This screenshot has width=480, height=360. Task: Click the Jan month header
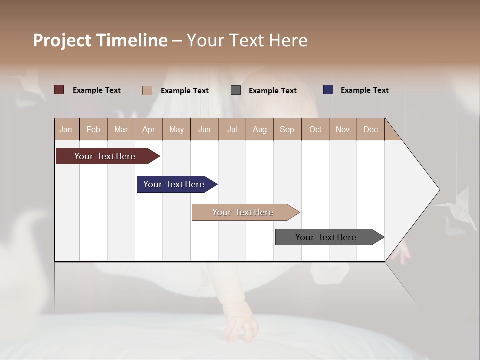[66, 129]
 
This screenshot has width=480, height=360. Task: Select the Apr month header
[148, 129]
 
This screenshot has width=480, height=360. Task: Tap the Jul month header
[232, 129]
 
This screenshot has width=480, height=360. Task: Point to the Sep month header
[287, 129]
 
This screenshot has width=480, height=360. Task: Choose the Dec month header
[370, 129]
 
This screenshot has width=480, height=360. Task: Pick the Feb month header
[93, 129]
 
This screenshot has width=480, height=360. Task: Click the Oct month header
[315, 129]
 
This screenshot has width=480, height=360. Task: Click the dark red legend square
[59, 90]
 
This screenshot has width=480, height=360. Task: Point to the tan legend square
[147, 90]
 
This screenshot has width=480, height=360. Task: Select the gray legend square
[236, 90]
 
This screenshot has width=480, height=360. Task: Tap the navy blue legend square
[328, 90]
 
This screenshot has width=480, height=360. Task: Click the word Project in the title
[62, 40]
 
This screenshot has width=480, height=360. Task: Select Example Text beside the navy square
[364, 90]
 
